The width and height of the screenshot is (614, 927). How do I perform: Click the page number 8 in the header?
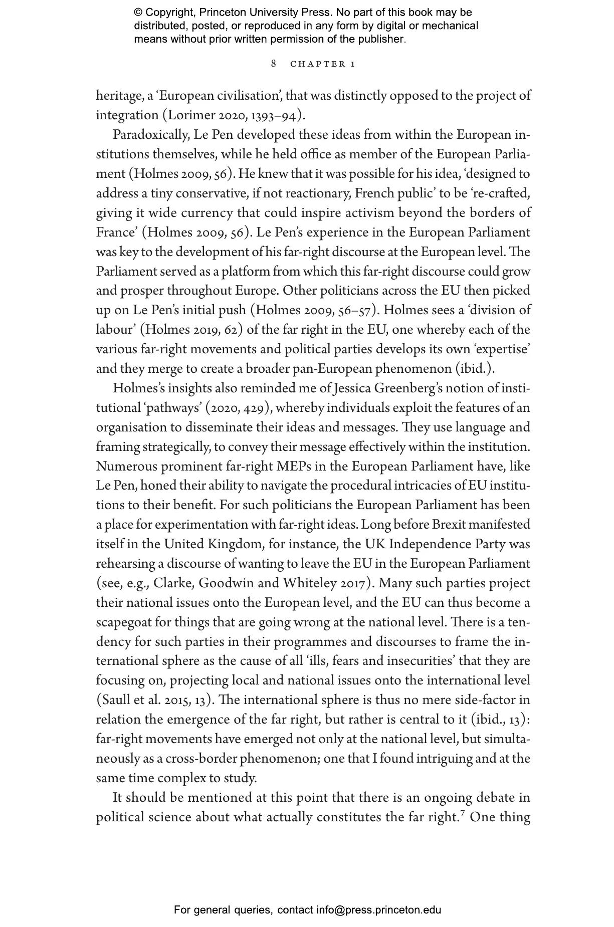tap(273, 64)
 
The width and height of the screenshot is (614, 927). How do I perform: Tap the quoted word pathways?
tap(173, 408)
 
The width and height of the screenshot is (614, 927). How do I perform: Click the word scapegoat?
tap(123, 623)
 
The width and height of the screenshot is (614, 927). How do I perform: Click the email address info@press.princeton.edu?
tap(378, 910)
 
